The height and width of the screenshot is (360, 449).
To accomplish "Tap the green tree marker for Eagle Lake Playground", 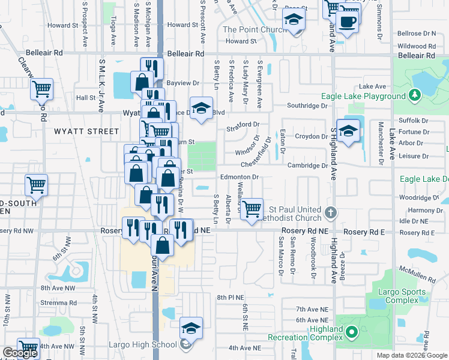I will [414, 95].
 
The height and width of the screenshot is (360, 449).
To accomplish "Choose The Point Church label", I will [253, 29].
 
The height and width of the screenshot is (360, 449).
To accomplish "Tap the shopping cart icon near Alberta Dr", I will [252, 208].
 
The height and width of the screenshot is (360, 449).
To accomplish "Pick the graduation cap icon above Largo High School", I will [191, 328].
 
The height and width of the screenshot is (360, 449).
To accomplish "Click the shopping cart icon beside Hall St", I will [41, 89].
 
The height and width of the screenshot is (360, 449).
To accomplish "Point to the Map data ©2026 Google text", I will [412, 355].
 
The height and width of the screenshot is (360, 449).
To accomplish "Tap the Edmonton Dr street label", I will [239, 177].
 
